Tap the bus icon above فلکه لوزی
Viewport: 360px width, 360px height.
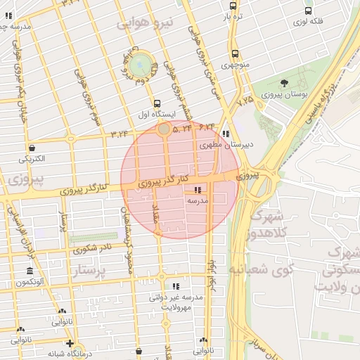pos(309,11)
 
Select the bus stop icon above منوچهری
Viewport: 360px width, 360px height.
pos(235,53)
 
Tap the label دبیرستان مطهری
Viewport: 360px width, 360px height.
pos(226,146)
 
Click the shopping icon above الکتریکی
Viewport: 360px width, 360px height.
pos(32,148)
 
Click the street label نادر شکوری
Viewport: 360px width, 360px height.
pos(91,248)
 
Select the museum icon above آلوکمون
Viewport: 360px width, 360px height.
pos(30,271)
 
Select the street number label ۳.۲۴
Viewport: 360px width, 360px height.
pos(120,133)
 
